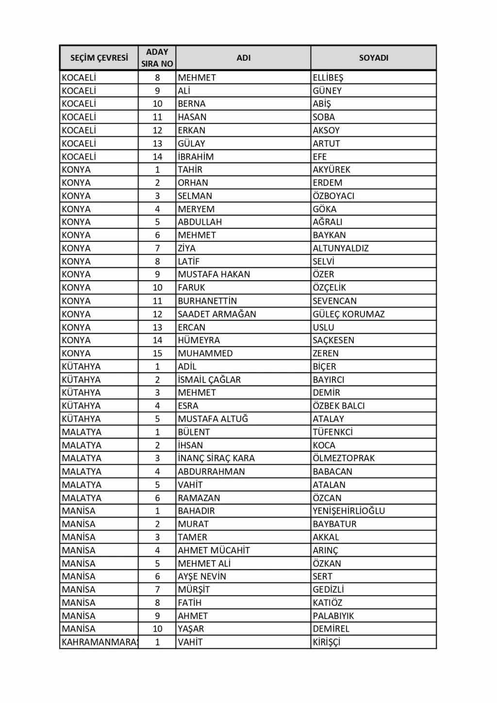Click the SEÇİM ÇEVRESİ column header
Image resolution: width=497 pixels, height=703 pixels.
click(99, 58)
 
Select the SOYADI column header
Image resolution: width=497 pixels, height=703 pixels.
click(373, 58)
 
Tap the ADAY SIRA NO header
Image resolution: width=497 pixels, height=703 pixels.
click(157, 58)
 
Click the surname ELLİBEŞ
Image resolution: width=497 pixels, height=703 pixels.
click(328, 78)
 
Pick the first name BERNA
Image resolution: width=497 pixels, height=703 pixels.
click(192, 104)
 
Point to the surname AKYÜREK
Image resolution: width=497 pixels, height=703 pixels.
click(331, 169)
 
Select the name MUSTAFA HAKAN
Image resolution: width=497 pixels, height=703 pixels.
click(214, 274)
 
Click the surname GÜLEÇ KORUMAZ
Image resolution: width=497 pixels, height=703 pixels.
click(348, 314)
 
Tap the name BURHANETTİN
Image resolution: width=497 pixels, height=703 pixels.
click(207, 301)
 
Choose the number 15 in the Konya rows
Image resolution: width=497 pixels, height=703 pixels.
click(157, 353)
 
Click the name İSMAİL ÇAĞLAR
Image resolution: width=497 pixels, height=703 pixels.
click(209, 380)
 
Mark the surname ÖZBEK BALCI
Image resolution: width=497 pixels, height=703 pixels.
click(339, 406)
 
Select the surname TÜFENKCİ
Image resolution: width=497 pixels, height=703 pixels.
click(332, 432)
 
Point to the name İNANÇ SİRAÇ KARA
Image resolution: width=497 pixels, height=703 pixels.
click(216, 458)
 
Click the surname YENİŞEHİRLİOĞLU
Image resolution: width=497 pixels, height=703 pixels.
click(349, 511)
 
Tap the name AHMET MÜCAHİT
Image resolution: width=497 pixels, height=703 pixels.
click(214, 550)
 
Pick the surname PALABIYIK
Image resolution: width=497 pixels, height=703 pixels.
click(333, 616)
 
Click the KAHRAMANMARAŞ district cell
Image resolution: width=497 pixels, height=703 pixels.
click(99, 642)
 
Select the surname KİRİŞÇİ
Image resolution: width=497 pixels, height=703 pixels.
click(327, 642)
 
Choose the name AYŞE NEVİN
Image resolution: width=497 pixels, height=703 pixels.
click(202, 576)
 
